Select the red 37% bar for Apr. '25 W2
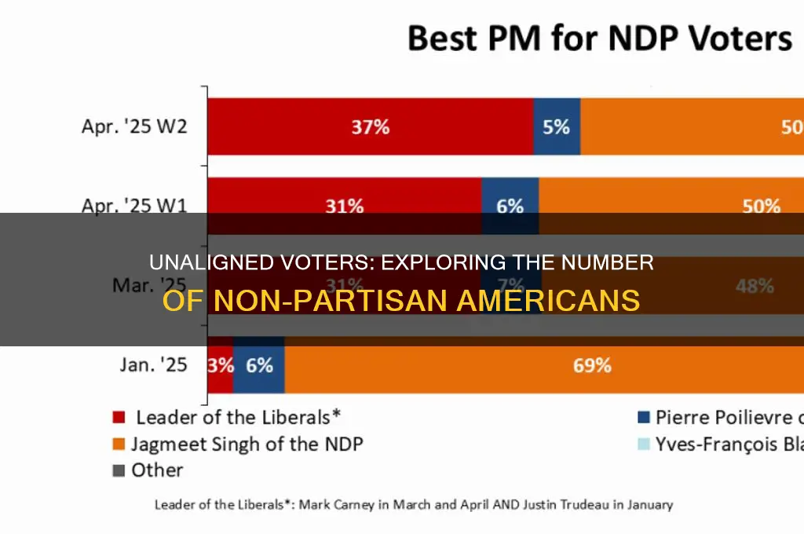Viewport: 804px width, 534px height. tap(370, 126)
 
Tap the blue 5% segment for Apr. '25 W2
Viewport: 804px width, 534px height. tap(557, 126)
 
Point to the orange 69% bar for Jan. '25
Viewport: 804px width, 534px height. tap(542, 365)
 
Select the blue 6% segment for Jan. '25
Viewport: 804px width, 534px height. tap(259, 365)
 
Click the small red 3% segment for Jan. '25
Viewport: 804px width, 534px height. tap(221, 365)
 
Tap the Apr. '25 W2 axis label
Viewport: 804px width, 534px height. tap(134, 126)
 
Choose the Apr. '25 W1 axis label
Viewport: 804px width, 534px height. tap(134, 207)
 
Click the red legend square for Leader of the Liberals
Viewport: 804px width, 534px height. tap(119, 417)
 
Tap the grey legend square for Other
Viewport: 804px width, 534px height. tap(119, 470)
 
